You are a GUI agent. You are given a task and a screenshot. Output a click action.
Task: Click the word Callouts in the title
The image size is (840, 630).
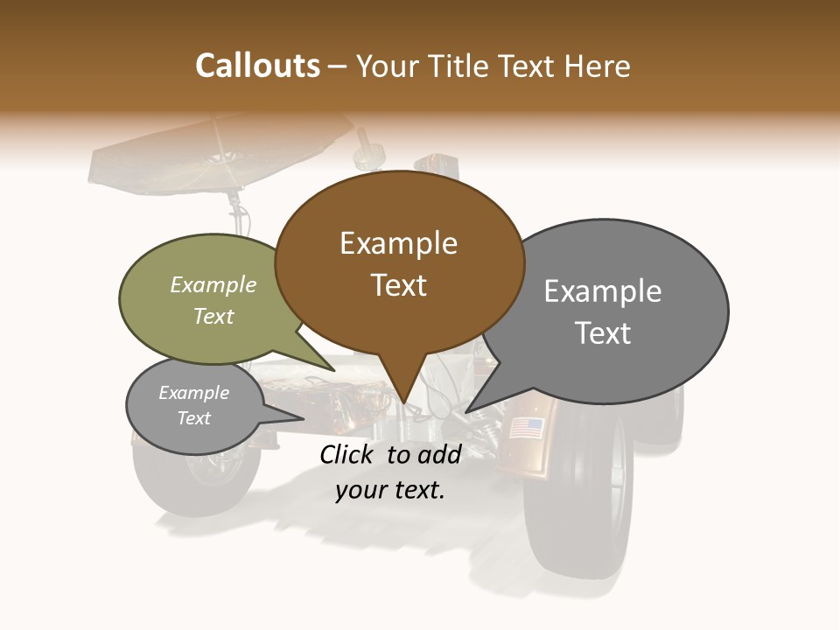pos(257,66)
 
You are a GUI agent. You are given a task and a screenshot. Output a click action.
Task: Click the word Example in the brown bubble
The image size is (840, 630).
pos(398,243)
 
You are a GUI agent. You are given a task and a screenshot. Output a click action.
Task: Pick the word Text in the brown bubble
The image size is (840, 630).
pos(398,285)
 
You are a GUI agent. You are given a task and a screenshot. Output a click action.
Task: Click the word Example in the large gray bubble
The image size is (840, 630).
pos(603,291)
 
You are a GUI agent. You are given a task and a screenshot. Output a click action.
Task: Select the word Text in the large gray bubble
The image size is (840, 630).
pos(603,333)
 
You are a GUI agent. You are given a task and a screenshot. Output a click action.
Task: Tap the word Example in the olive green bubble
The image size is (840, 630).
pos(213,285)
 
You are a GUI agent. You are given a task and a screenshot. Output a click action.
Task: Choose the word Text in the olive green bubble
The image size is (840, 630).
pos(213,316)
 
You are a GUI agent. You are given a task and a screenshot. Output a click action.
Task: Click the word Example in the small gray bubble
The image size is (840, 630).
pos(193,393)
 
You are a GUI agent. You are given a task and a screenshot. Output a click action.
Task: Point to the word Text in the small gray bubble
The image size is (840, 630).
pos(193,418)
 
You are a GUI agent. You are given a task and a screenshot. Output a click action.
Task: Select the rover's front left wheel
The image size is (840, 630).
pos(197,477)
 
